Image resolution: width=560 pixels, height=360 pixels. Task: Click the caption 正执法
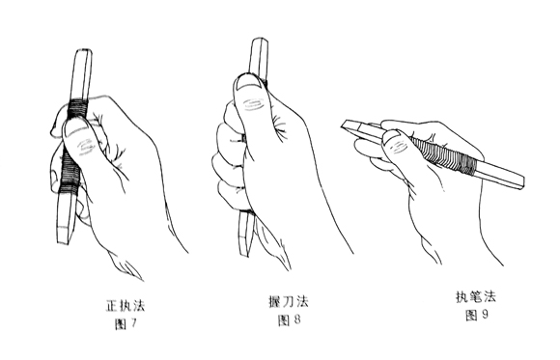tap(126, 307)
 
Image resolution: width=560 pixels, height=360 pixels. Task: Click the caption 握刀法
tap(289, 302)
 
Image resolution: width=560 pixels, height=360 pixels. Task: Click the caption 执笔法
tap(476, 297)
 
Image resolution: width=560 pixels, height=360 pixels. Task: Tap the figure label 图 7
tap(126, 324)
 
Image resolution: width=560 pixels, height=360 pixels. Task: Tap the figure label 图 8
tap(290, 319)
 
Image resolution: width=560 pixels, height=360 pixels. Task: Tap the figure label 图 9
tap(477, 315)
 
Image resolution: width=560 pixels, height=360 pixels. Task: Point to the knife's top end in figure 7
tap(84, 51)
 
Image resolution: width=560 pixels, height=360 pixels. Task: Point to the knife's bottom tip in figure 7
tap(63, 242)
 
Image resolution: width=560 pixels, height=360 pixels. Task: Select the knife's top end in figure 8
tap(260, 39)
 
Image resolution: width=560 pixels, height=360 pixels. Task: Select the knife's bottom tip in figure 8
tap(243, 254)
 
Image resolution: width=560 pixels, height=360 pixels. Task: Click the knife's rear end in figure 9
tap(522, 182)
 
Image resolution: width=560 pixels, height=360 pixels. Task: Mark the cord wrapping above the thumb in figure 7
tap(78, 108)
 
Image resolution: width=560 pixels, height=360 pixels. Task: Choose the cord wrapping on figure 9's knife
tap(445, 155)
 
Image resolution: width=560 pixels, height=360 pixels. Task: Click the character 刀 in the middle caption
tap(289, 302)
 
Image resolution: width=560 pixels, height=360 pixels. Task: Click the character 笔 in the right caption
tap(476, 297)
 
